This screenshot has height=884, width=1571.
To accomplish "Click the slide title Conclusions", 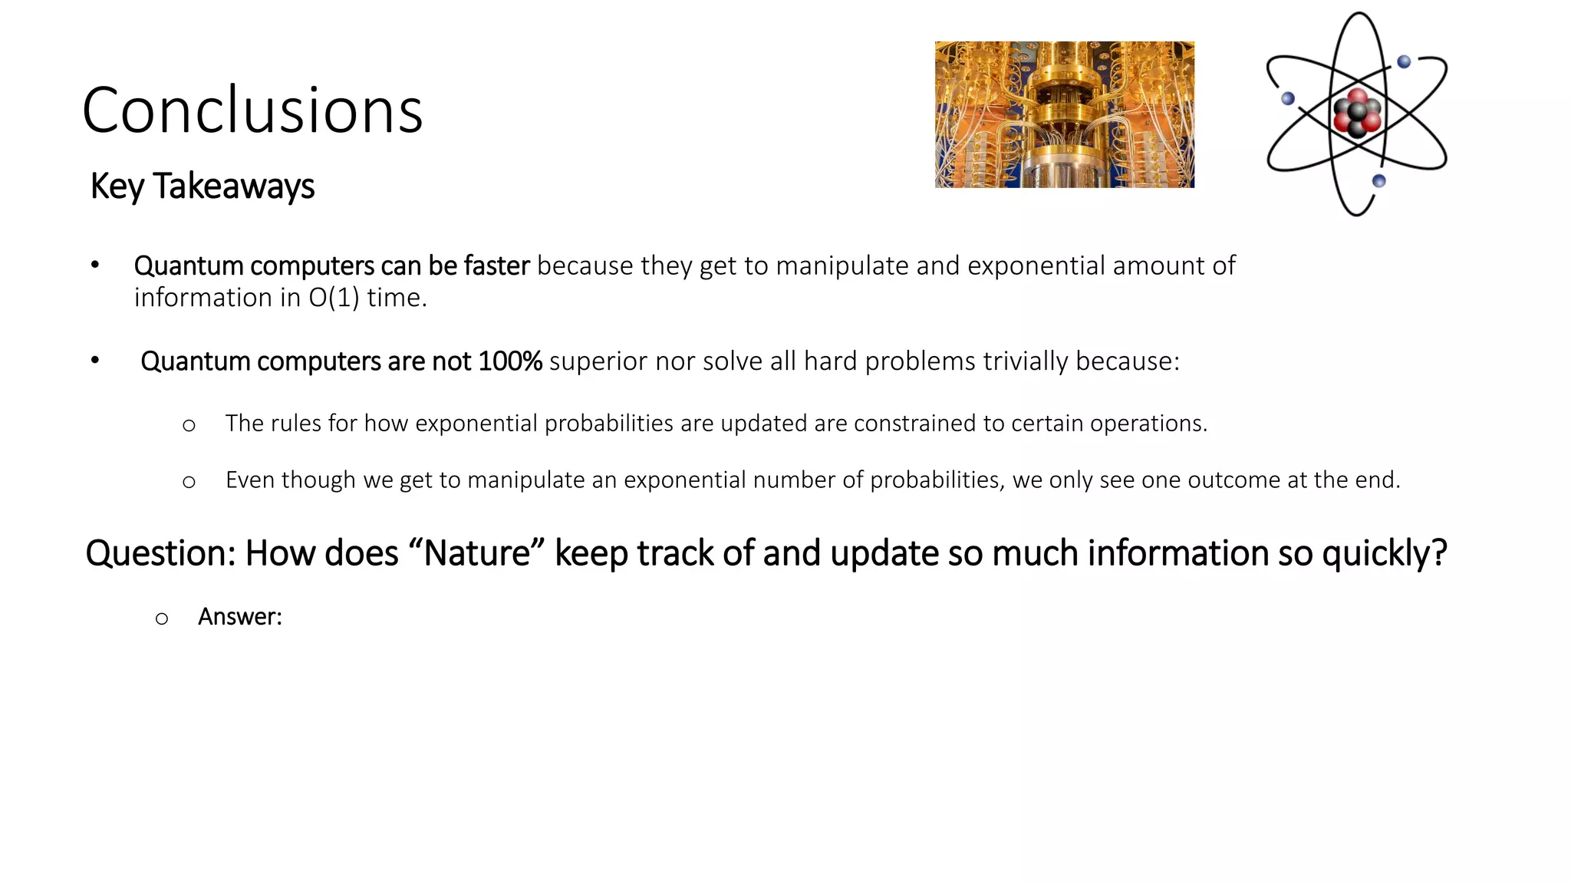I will point(252,110).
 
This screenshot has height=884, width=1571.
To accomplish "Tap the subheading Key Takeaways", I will point(203,186).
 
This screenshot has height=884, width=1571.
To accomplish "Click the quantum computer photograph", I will point(1064,114).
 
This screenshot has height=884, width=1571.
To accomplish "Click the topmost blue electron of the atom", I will point(1404,62).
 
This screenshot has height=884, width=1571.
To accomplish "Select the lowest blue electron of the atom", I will point(1378,181).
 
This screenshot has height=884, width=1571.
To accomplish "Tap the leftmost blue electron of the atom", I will point(1288,98).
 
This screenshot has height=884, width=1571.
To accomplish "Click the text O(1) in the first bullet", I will point(334,298).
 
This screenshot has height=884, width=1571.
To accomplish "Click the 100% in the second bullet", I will point(509,361).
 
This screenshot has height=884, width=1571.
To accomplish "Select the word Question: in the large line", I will point(161,553).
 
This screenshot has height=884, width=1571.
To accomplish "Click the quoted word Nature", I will point(477,553).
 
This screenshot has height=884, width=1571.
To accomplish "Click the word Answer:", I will point(240,617).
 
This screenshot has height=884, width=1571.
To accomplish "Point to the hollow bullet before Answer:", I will point(161,618).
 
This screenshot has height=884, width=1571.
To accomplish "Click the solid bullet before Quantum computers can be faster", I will point(95,266).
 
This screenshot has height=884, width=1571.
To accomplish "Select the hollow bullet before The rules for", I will point(189,425).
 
